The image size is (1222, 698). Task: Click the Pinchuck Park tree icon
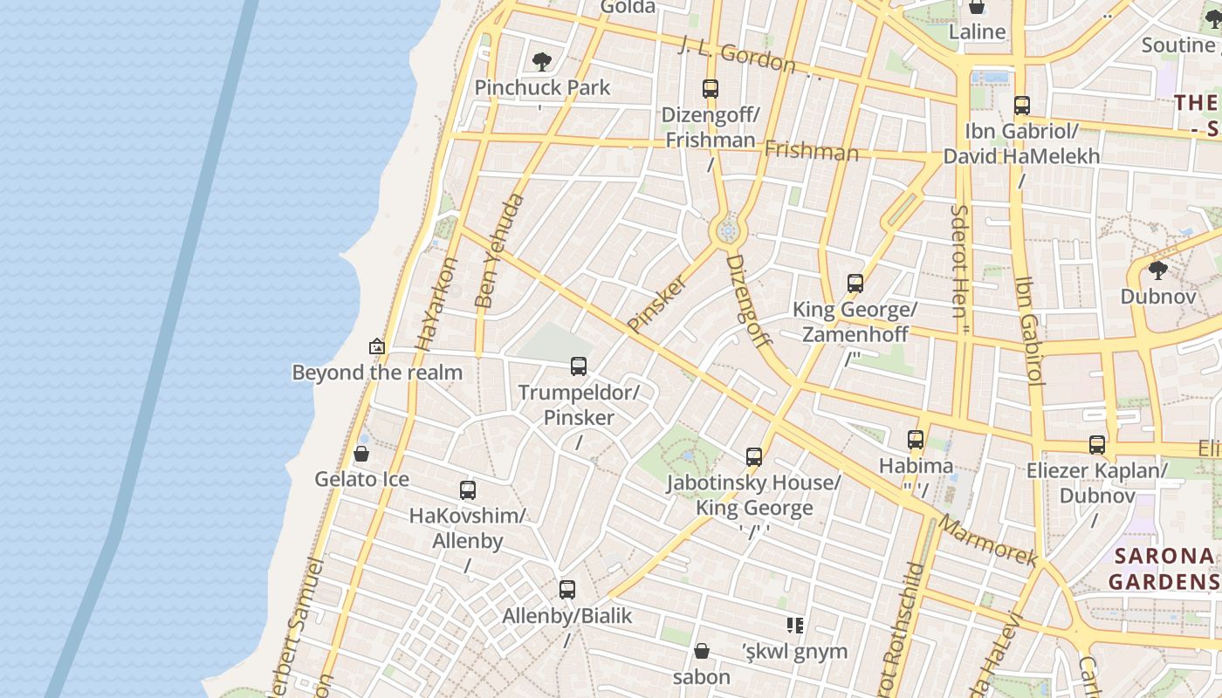pos(542,61)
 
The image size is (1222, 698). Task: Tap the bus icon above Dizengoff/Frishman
pos(711,88)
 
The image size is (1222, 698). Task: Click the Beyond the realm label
pos(377,373)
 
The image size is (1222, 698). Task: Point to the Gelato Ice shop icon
pos(361,454)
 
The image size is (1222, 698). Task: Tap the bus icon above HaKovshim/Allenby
pos(468,490)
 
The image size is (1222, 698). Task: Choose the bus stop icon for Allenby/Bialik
pos(567,590)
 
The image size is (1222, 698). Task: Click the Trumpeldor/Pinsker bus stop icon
pos(579,366)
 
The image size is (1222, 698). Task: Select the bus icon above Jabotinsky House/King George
pos(754,456)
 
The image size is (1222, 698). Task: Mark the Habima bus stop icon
pos(916,440)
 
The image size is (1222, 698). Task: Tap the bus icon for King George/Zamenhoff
pos(855,284)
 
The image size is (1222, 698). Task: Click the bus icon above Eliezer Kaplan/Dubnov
pos(1097,445)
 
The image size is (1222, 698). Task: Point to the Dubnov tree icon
pos(1158,270)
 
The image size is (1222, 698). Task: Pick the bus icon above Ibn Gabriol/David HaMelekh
pos(1022,106)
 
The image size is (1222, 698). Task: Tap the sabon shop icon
pos(702,651)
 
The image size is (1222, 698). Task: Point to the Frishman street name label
pos(812,152)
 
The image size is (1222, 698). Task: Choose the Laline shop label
pos(978,32)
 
